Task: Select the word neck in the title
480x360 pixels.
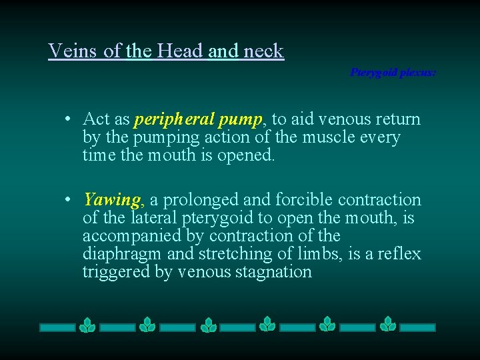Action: point(263,51)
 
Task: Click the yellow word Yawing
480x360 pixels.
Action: point(112,199)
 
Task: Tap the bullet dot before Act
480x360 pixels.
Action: point(69,120)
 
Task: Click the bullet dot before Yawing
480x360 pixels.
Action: point(69,200)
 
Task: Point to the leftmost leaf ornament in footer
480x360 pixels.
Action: point(87,325)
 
